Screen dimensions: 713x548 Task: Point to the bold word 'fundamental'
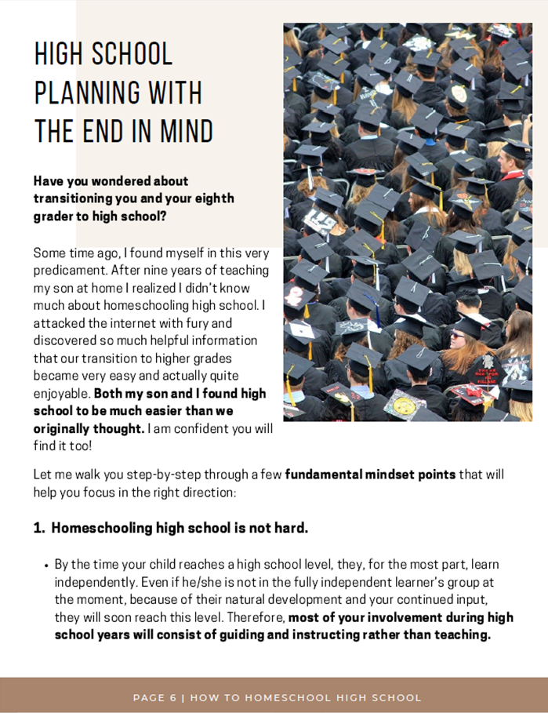(x=324, y=475)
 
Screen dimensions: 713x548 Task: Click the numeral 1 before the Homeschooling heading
(x=37, y=528)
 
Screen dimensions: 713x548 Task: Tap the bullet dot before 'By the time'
(x=46, y=565)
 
